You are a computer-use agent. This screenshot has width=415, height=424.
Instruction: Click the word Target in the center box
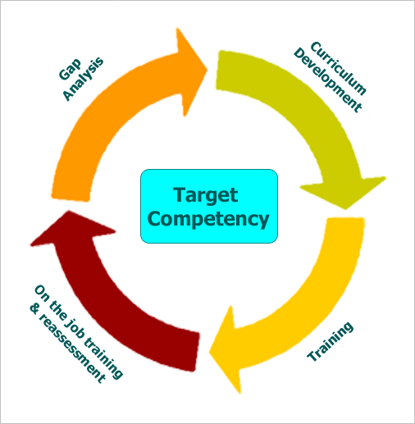[205, 196]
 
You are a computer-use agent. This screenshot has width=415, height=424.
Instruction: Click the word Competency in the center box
[208, 219]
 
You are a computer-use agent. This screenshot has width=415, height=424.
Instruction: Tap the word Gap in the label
[71, 70]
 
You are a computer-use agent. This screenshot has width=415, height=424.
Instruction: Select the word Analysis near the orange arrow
[83, 79]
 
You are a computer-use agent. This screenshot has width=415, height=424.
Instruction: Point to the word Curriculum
[339, 68]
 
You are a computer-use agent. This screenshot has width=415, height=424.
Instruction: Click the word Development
[327, 80]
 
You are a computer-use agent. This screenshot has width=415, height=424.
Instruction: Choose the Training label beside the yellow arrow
[330, 342]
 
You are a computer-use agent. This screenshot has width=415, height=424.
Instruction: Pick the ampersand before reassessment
[34, 309]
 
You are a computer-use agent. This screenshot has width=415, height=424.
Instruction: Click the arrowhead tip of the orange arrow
[207, 70]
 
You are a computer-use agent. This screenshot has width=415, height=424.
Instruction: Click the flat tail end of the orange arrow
[71, 198]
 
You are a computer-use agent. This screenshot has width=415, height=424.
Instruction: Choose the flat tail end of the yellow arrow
[345, 219]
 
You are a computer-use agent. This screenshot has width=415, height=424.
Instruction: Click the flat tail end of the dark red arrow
[198, 352]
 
